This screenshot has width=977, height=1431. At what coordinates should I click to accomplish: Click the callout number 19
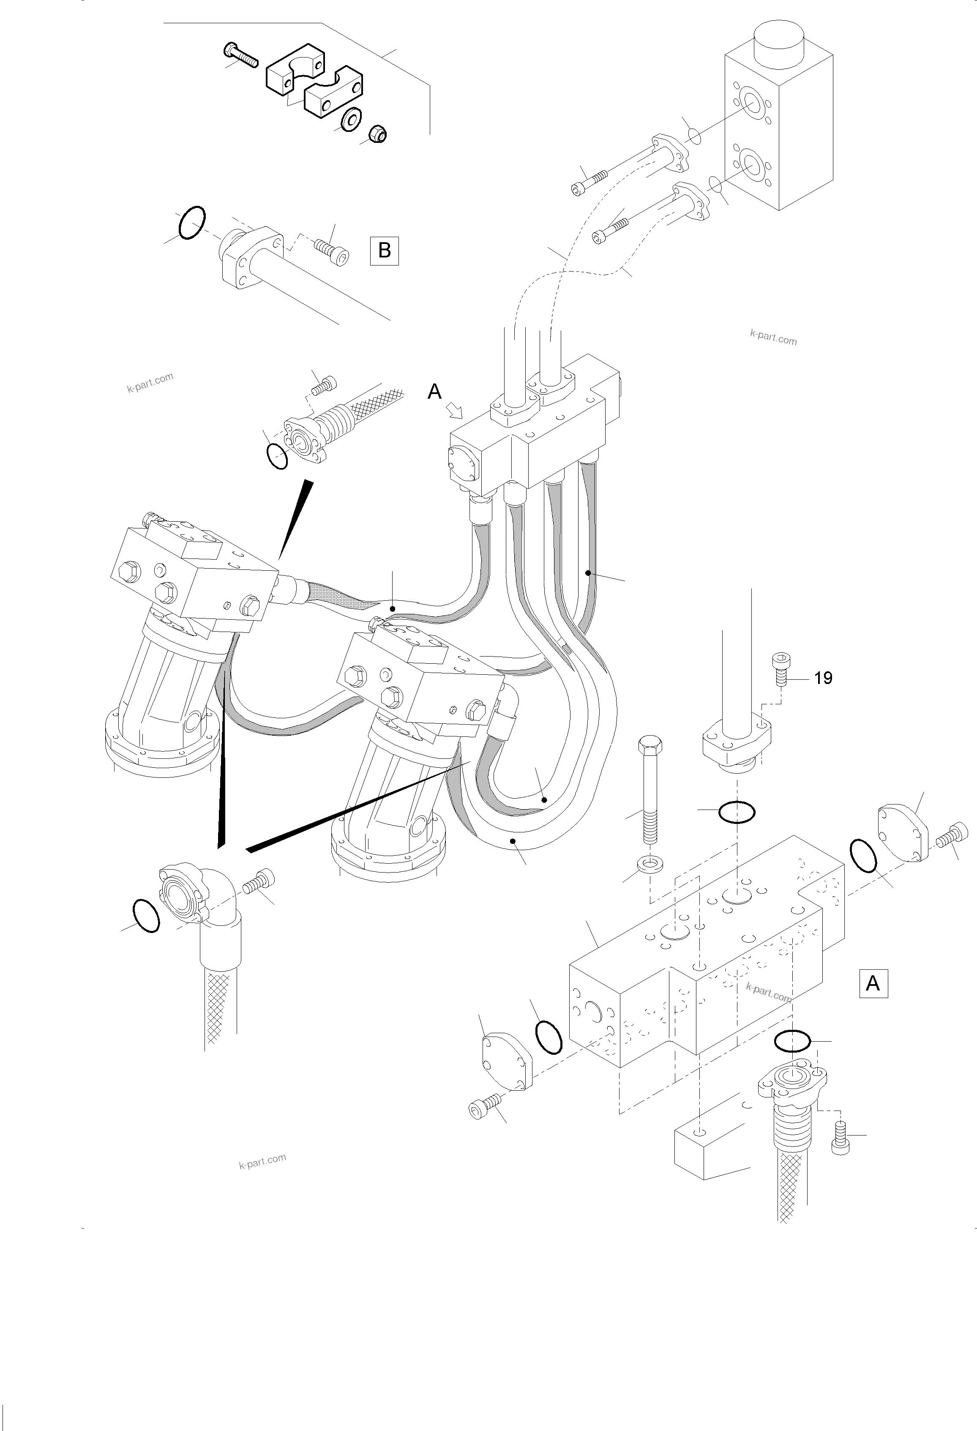[x=823, y=679]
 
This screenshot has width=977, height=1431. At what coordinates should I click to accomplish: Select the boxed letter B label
[x=384, y=251]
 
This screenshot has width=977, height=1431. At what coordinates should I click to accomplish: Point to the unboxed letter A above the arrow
[x=435, y=391]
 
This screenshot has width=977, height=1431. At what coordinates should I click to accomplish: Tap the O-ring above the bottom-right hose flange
[x=791, y=1041]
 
